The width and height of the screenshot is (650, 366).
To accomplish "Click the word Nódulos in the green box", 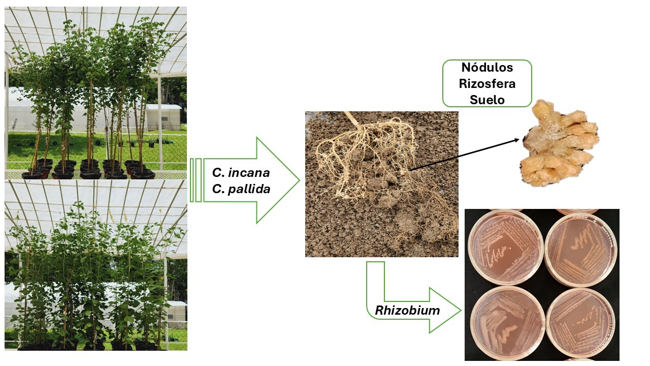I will coord(487,68).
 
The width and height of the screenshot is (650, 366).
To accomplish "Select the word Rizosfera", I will coord(487,84).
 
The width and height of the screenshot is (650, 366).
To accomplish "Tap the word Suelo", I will coord(487,100).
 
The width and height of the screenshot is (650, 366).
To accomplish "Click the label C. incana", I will coord(241,172).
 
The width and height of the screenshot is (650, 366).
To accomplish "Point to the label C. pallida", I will coord(241,189).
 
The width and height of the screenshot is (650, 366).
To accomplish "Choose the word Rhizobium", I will coord(407,310).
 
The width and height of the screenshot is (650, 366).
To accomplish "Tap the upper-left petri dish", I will coord(499,247).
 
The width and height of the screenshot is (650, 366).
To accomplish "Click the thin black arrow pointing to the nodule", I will coord(465,154).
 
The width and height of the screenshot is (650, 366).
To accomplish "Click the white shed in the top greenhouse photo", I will coord(164,117).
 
